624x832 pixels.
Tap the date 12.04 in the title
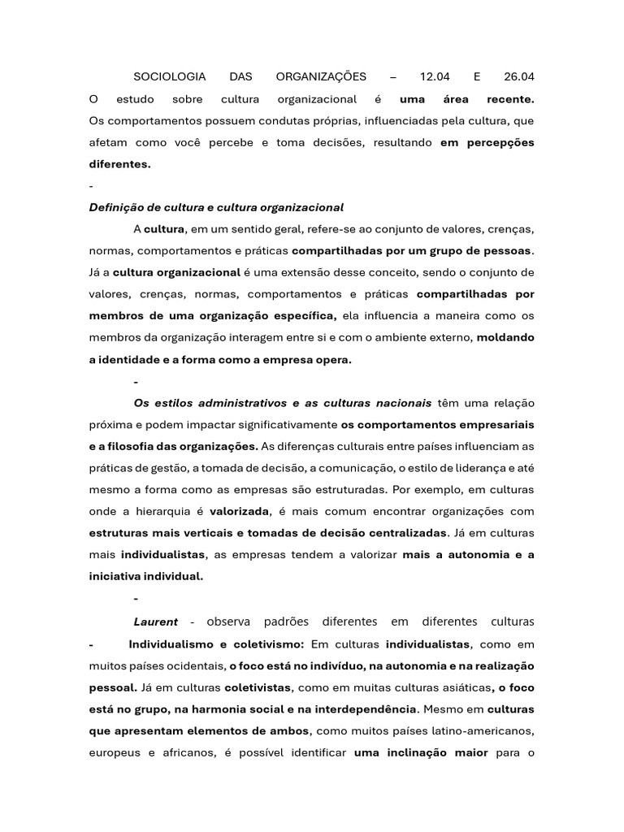coord(435,77)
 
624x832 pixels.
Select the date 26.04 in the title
coord(518,77)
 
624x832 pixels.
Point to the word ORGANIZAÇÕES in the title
coord(321,77)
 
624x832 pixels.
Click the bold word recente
coord(510,99)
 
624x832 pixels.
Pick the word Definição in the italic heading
coord(115,207)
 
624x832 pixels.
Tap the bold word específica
coord(304,316)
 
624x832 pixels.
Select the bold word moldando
coord(505,337)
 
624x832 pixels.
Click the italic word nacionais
coord(404,403)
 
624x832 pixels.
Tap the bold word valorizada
coord(239,512)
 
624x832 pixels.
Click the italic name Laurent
coord(155,622)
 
